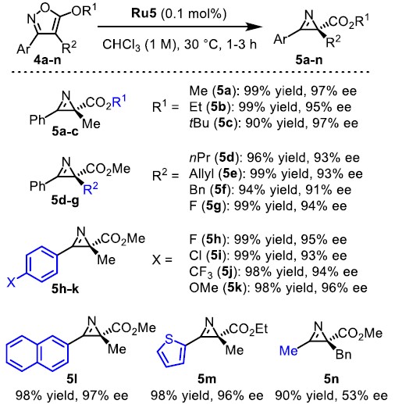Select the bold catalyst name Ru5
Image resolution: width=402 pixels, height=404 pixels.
[144, 13]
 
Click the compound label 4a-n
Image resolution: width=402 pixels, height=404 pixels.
[47, 60]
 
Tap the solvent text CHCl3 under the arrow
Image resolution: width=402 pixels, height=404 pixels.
[121, 45]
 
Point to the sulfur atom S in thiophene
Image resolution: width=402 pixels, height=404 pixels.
[169, 339]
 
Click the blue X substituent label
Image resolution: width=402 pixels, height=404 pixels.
[11, 282]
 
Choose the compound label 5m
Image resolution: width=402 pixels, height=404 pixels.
[207, 379]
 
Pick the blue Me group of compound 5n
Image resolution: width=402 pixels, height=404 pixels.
[288, 351]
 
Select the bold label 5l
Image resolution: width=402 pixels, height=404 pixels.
[72, 379]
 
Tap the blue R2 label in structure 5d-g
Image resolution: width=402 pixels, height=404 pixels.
[91, 188]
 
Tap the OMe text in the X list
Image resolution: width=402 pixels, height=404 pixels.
[204, 288]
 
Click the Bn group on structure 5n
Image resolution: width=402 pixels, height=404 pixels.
[343, 354]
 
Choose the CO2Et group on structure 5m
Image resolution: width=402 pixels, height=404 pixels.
[248, 329]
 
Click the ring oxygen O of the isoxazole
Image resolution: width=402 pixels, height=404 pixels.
[46, 7]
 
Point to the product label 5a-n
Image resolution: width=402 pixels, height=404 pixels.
[308, 60]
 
